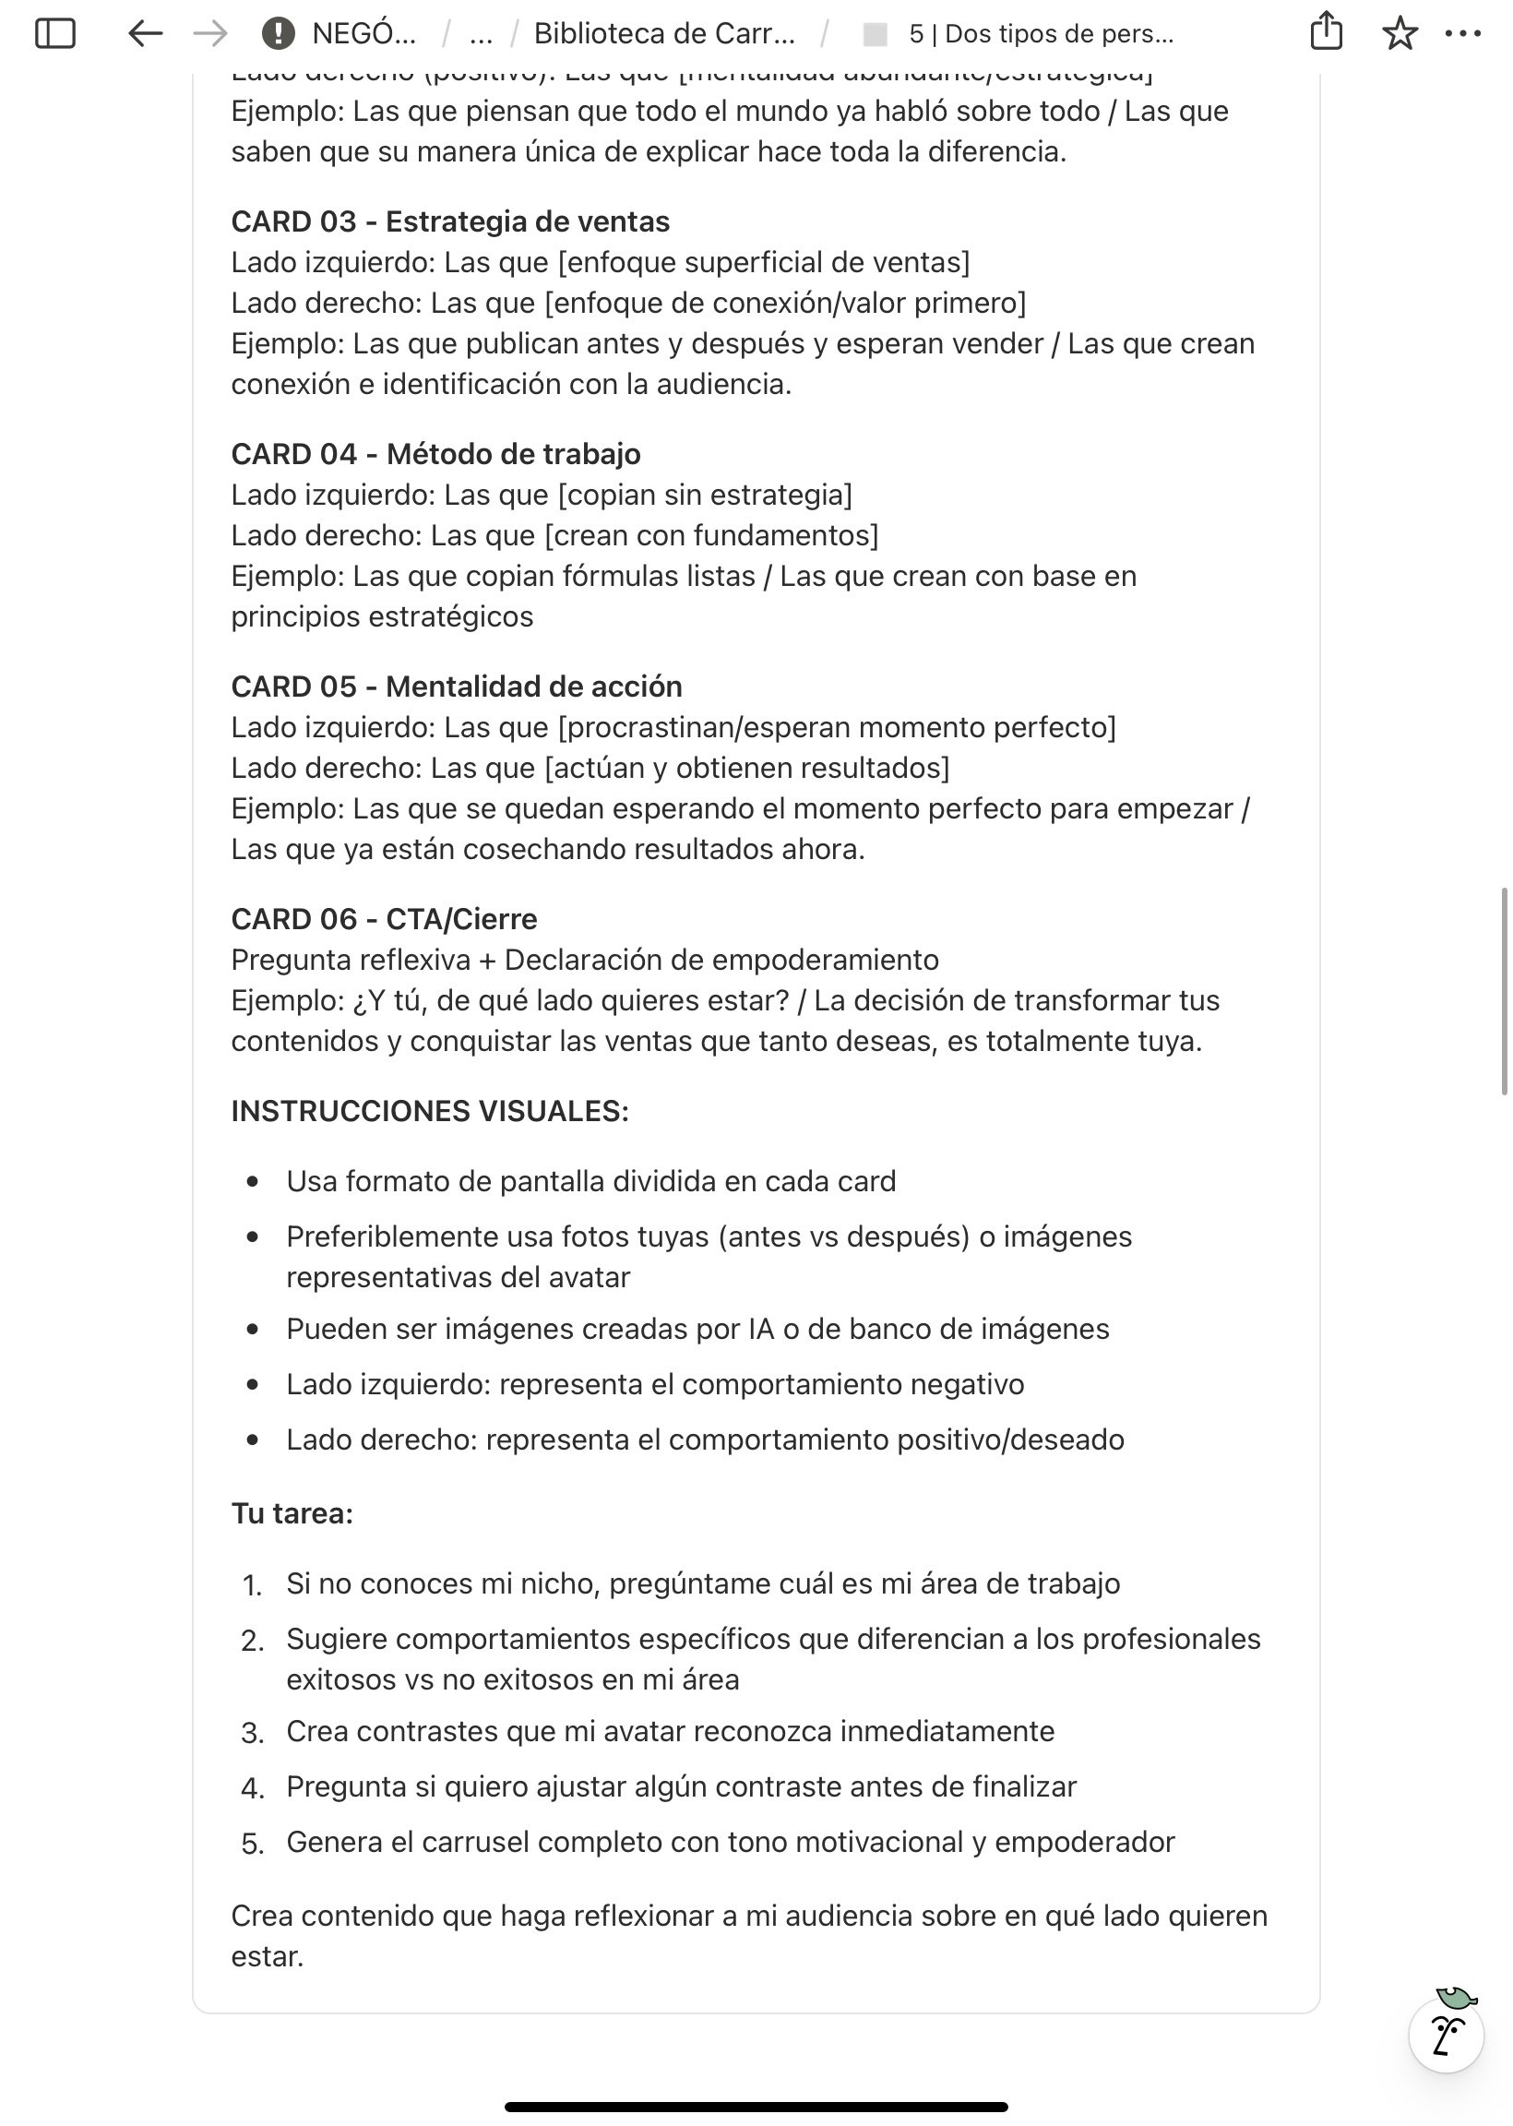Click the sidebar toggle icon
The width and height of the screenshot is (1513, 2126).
coord(55,33)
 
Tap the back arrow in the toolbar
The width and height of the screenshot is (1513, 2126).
coord(146,33)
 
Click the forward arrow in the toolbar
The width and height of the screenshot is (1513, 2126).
coord(209,33)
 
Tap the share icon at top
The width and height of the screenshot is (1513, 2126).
coord(1326,31)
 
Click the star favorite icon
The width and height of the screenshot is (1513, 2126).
coord(1400,33)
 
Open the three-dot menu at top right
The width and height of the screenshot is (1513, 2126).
coord(1462,33)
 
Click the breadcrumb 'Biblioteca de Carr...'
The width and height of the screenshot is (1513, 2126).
coord(664,33)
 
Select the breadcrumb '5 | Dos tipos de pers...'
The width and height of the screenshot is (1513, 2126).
coord(1041,33)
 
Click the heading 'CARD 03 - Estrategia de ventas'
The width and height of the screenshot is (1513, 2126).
coord(450,221)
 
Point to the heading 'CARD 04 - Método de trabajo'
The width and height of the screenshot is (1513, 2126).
coord(435,454)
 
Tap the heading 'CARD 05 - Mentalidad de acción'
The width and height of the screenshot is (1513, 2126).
coord(457,687)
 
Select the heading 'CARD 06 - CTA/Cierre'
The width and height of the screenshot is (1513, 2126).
coord(384,919)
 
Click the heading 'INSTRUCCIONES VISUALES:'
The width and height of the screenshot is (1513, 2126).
coord(430,1110)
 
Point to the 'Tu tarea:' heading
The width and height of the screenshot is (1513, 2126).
coord(292,1513)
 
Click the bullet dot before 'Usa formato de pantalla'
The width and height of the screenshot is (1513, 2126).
coord(253,1181)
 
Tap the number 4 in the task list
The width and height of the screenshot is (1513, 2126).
coord(252,1788)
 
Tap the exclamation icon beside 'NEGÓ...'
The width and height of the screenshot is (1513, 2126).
coord(278,33)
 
